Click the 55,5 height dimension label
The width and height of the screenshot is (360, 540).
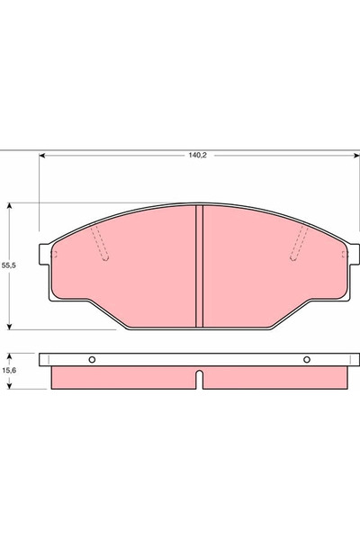[9, 266]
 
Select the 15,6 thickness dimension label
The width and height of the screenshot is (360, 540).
[9, 370]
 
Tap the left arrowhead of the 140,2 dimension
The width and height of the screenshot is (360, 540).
[43, 156]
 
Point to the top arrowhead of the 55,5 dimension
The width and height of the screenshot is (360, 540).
[9, 206]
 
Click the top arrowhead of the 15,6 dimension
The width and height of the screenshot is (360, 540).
[9, 355]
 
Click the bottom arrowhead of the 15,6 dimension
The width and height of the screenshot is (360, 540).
[9, 386]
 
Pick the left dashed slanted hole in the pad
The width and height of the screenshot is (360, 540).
[101, 243]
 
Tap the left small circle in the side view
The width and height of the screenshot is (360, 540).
[91, 361]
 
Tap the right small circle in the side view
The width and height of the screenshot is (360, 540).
[307, 361]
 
